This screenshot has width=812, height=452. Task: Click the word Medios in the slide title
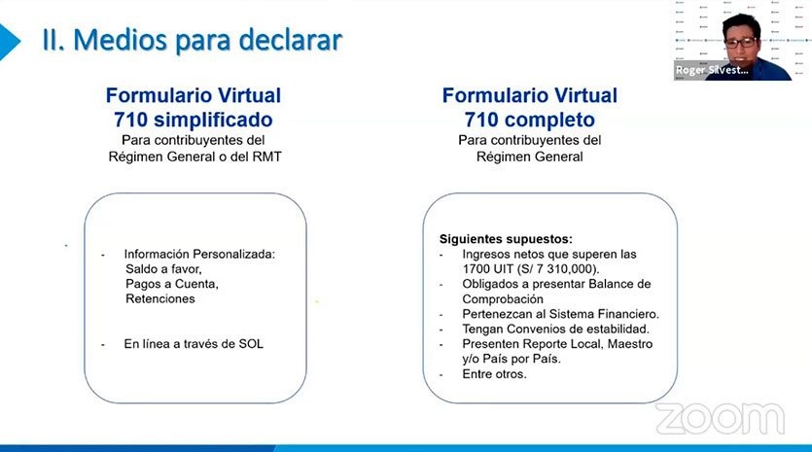(x=120, y=40)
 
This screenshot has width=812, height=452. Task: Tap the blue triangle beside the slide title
(x=9, y=42)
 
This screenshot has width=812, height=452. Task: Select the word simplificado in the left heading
(x=213, y=120)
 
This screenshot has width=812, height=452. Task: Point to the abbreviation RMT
(x=266, y=156)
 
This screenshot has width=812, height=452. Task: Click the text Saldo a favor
(x=163, y=268)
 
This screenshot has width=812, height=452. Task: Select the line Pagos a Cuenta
(x=172, y=284)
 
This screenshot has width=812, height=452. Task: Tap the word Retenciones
(x=160, y=298)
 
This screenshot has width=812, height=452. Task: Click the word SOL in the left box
(x=251, y=344)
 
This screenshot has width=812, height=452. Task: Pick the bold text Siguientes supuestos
(x=506, y=239)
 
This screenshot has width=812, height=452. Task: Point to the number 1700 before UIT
(x=477, y=269)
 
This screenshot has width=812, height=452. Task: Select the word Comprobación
(x=503, y=299)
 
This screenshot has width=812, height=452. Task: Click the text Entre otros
(x=495, y=374)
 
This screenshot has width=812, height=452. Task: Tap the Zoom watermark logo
(x=721, y=418)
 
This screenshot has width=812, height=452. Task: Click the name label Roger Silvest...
(x=712, y=70)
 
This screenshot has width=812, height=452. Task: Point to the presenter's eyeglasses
(x=741, y=43)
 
